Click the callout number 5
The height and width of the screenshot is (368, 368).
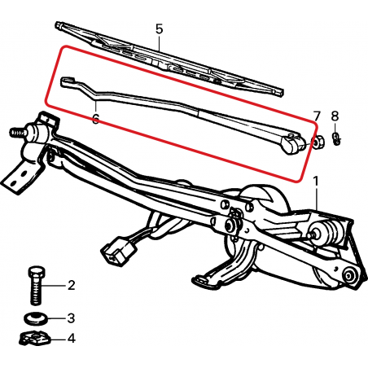click(x=160, y=28)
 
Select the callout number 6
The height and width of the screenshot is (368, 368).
click(x=95, y=119)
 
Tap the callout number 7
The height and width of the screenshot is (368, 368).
click(x=317, y=116)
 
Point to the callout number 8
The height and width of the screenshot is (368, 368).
click(x=335, y=116)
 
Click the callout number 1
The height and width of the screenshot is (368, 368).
click(x=316, y=181)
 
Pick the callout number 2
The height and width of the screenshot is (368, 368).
click(x=71, y=285)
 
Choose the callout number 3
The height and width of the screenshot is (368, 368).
click(x=71, y=318)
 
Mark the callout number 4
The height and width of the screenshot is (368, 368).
click(x=71, y=339)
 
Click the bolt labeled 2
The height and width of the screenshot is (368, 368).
click(x=36, y=285)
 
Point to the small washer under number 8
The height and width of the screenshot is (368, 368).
click(x=336, y=138)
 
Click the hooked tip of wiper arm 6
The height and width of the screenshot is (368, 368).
click(x=68, y=81)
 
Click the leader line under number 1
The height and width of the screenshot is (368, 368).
click(x=317, y=199)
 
